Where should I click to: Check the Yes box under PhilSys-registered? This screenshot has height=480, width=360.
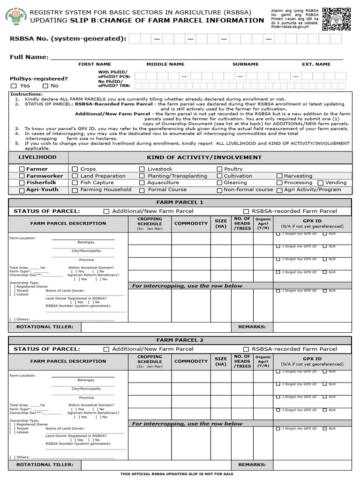[14, 86]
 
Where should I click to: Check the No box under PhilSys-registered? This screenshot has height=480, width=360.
[45, 86]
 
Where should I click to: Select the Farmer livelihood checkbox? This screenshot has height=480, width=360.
[22, 169]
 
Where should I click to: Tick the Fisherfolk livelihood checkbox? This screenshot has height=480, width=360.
[22, 183]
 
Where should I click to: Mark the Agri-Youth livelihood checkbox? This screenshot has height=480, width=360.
[22, 190]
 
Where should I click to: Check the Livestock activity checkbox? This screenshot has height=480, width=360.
[142, 169]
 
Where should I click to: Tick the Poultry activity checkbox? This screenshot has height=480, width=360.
[219, 169]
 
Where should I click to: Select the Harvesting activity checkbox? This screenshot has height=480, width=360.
[279, 176]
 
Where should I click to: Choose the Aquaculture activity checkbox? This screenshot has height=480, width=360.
[142, 183]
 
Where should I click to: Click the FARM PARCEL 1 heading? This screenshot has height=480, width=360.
[180, 202]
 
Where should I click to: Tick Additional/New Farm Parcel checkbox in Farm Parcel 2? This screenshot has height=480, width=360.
[106, 349]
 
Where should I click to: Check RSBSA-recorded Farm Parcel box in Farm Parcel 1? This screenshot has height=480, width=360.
[246, 211]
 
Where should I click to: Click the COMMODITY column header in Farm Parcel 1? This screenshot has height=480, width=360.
[191, 224]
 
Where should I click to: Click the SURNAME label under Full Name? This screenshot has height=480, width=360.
[245, 64]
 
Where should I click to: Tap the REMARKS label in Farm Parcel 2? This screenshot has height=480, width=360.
[252, 465]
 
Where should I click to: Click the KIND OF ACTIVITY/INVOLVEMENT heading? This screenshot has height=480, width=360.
[204, 157]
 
